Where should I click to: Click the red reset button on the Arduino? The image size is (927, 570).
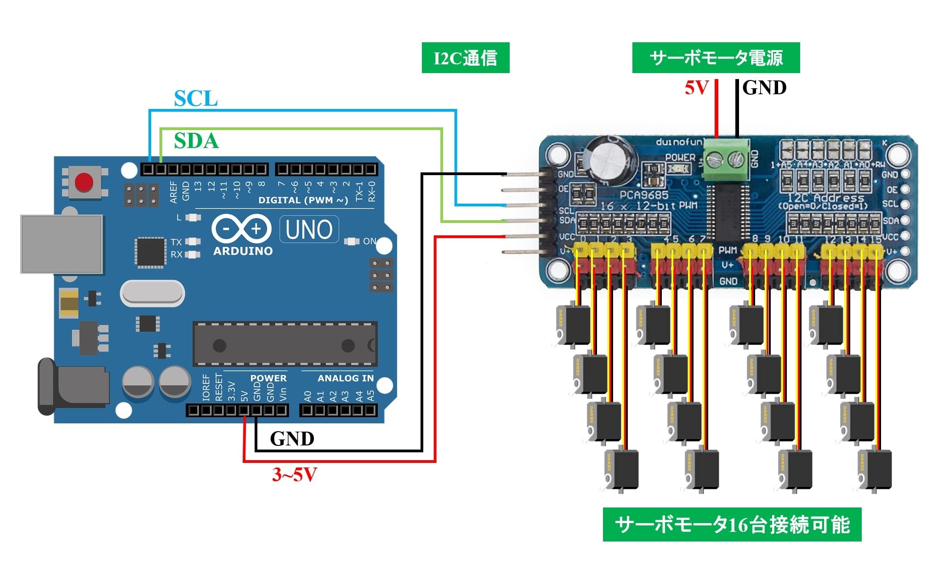point(84,182)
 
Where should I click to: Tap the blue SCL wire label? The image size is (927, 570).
point(196,98)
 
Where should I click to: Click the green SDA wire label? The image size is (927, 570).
point(196,141)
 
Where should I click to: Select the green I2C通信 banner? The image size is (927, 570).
point(465,58)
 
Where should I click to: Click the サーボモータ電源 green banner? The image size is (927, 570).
point(716,58)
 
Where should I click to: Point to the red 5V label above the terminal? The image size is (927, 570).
point(696,87)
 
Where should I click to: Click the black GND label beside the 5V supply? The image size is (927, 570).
point(764,87)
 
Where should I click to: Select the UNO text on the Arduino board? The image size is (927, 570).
point(309,229)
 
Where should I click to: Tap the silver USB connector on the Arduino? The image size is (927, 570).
point(62,244)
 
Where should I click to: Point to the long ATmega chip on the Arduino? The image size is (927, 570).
point(285,344)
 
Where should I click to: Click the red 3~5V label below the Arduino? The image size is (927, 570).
point(294,474)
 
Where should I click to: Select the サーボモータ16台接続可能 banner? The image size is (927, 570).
point(732,524)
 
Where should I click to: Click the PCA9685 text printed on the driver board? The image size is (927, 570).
point(644,195)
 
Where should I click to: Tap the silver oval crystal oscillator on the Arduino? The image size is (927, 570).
point(152,293)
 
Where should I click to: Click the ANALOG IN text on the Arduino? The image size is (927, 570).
point(346,378)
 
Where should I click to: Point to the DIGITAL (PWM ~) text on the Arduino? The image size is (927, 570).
point(303,200)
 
